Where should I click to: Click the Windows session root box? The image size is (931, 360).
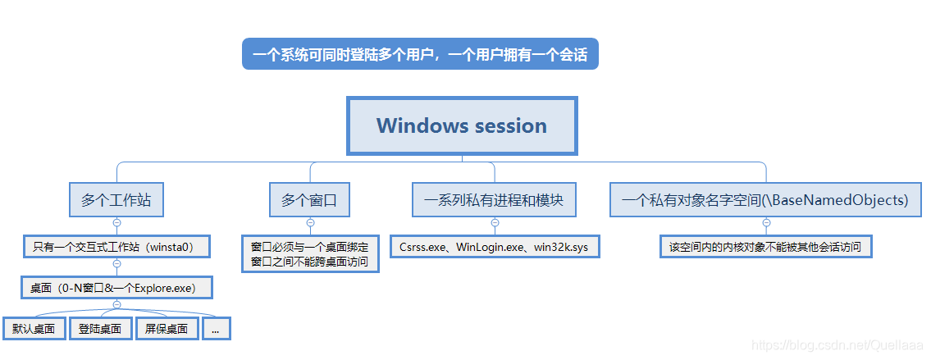coord(462,125)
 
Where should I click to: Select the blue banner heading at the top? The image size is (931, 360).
coord(420,55)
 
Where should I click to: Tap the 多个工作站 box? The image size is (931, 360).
coord(116,200)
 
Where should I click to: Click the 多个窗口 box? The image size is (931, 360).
coord(309,200)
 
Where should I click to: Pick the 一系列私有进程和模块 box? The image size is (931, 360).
coord(494,200)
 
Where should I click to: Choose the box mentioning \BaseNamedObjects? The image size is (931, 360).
coord(765,200)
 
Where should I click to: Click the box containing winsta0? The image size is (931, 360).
coord(116,246)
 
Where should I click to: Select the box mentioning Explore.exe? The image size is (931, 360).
coord(116,288)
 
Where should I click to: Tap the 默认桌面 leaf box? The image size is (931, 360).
coord(34,329)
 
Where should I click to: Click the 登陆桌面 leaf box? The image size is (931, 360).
coord(100,329)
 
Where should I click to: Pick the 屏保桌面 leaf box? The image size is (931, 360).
coord(167,329)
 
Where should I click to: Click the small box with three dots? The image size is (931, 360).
coord(216,329)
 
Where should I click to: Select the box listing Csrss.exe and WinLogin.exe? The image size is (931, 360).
coord(494,246)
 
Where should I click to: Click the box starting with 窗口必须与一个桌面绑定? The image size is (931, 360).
coord(309,254)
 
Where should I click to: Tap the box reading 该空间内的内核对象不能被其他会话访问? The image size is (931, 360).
coord(765,246)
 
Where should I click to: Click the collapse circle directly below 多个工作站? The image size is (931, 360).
coord(116,222)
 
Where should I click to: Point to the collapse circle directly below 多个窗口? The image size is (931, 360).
coord(309,222)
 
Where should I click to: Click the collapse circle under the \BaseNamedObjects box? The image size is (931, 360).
coord(765,222)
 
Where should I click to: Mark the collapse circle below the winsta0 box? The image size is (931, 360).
coord(116,264)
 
